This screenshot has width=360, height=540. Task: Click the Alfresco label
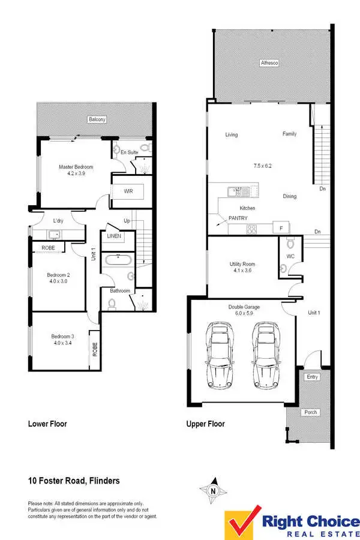point(269,62)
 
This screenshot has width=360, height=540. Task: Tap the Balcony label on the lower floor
point(97,119)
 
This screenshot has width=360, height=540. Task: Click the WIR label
point(128,191)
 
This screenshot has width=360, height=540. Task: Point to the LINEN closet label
point(114,236)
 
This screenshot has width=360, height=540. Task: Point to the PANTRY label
point(238,218)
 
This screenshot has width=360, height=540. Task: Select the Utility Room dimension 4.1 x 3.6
point(242,271)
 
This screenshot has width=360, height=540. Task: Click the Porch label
point(310,412)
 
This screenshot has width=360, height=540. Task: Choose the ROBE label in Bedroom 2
point(49,247)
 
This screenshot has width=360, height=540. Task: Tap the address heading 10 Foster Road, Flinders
point(74,481)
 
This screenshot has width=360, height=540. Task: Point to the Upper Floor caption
point(205,424)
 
